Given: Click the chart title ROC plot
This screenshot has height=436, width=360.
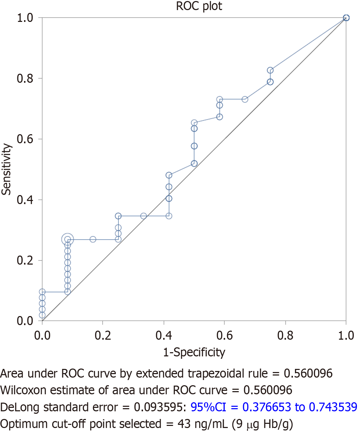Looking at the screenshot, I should pyautogui.click(x=199, y=6).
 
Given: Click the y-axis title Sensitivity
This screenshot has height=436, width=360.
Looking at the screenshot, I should pyautogui.click(x=7, y=169).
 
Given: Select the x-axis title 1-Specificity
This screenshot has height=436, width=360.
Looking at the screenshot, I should pyautogui.click(x=194, y=352).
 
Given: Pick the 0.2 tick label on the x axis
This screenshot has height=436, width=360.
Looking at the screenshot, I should pyautogui.click(x=103, y=336).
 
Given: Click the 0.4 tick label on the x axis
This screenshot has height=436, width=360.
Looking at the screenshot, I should pyautogui.click(x=164, y=336).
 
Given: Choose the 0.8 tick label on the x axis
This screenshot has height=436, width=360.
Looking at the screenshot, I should pyautogui.click(x=285, y=336).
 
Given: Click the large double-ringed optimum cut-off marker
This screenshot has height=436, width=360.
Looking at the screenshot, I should pyautogui.click(x=67, y=239).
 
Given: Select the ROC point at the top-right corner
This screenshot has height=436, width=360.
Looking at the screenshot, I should pyautogui.click(x=346, y=18).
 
